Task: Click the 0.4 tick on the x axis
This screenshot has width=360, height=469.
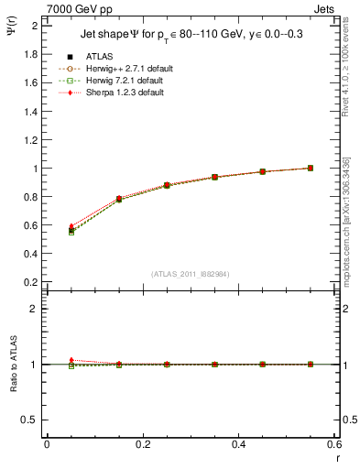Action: point(238,445)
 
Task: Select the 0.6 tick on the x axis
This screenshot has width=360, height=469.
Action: point(333,445)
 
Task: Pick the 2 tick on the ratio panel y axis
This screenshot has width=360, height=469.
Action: point(35,309)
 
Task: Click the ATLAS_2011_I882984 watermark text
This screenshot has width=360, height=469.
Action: point(189,273)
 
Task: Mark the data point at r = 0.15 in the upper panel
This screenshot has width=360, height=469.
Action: point(119,199)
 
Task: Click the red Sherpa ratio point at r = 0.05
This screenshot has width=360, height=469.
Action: point(71,360)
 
